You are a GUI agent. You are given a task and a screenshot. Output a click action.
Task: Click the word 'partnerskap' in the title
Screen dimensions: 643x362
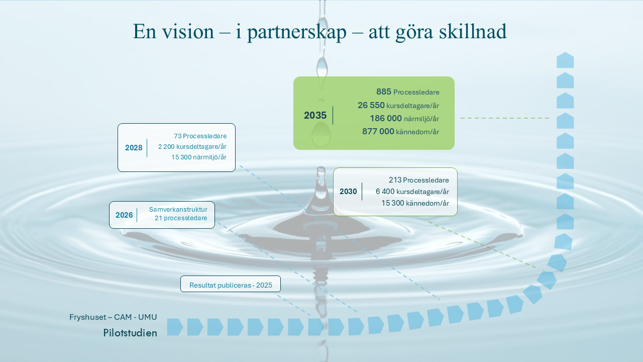(x=297, y=32)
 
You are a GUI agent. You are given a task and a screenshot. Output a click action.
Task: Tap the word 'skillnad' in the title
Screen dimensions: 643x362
(x=473, y=31)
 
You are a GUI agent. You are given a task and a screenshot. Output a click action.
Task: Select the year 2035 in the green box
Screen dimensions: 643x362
(x=315, y=115)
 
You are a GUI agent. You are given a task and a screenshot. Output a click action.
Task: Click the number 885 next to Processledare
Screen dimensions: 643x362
(x=384, y=92)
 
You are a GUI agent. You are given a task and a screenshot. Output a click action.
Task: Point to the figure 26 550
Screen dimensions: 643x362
(x=371, y=105)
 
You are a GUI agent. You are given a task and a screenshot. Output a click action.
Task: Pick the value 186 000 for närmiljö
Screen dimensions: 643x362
(x=386, y=118)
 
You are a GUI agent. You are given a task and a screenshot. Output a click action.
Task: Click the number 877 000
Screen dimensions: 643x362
(x=378, y=131)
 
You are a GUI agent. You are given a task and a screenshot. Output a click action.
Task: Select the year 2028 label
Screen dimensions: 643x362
(x=134, y=148)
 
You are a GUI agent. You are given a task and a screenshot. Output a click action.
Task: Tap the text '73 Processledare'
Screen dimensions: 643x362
(x=200, y=136)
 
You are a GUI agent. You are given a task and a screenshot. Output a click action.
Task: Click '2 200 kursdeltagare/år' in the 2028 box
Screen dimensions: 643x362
(x=192, y=146)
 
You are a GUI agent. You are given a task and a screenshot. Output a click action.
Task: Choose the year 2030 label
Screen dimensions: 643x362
(x=348, y=192)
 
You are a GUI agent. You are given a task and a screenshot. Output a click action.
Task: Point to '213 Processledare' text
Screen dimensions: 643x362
(x=419, y=180)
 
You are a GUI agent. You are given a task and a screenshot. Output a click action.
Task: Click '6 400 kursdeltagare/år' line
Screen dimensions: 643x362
(x=412, y=192)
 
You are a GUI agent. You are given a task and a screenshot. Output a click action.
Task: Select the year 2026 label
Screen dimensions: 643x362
(x=124, y=215)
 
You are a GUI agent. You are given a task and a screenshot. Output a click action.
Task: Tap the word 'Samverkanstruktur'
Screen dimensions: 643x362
(x=178, y=210)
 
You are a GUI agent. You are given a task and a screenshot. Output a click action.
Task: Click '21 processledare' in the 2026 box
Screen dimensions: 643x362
(x=181, y=218)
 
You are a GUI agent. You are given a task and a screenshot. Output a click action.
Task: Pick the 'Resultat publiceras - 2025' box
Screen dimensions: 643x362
(x=231, y=284)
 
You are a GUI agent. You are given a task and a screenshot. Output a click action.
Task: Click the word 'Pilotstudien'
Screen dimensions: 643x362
(x=130, y=333)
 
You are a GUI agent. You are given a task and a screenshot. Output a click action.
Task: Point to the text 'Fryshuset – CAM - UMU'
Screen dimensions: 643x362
(x=113, y=317)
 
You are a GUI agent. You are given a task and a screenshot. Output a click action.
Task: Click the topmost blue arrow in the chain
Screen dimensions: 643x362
(x=565, y=60)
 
